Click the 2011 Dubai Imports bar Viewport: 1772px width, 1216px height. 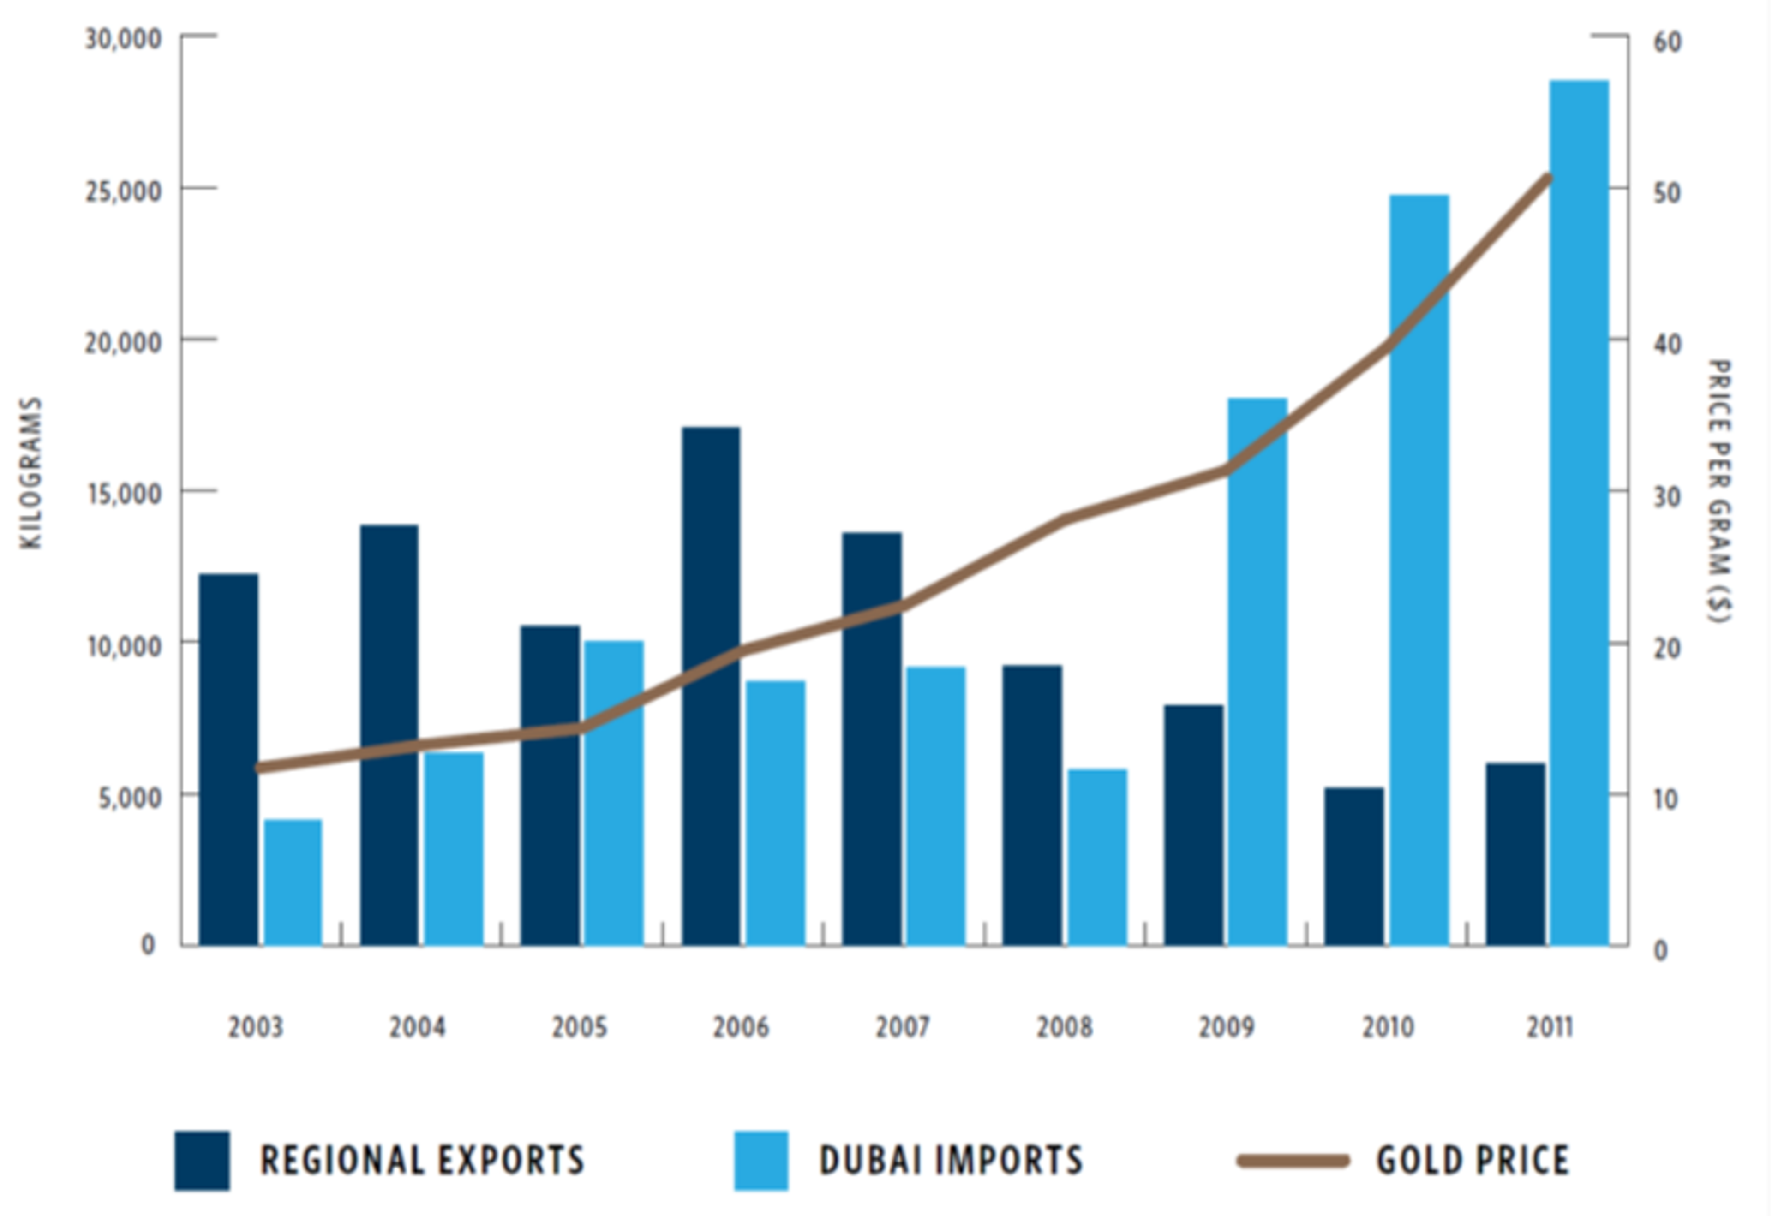pyautogui.click(x=1579, y=513)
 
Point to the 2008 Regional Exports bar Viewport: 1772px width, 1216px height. pyautogui.click(x=1032, y=806)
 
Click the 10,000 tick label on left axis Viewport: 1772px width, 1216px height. pyautogui.click(x=124, y=646)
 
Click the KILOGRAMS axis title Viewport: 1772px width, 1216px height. pyautogui.click(x=30, y=473)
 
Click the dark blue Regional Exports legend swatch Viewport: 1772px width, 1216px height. pyautogui.click(x=202, y=1160)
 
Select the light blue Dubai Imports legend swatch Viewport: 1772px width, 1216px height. pyautogui.click(x=761, y=1160)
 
